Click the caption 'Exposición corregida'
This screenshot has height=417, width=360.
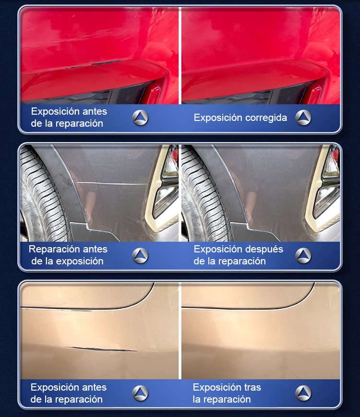pyautogui.click(x=240, y=118)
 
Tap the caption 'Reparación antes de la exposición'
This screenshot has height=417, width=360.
pyautogui.click(x=68, y=255)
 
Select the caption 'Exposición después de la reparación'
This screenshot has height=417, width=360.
pyautogui.click(x=238, y=255)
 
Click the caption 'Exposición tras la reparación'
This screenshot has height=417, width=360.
pyautogui.click(x=227, y=393)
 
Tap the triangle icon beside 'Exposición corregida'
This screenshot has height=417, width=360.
pyautogui.click(x=303, y=118)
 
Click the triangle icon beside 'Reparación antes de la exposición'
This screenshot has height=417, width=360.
pyautogui.click(x=140, y=256)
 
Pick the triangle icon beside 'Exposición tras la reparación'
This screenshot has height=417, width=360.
pyautogui.click(x=303, y=393)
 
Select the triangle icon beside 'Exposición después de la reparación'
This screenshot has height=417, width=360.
pyautogui.click(x=303, y=256)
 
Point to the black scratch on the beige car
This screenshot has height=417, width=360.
pyautogui.click(x=101, y=349)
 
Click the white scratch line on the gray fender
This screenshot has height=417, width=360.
pyautogui.click(x=112, y=183)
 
